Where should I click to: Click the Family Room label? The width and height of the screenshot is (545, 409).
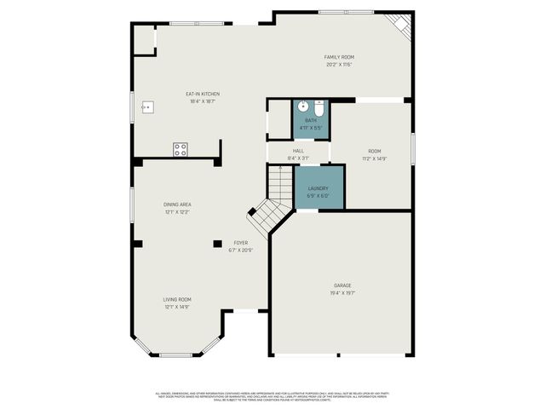click(x=338, y=57)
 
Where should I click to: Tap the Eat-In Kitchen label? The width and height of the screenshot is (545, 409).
click(x=203, y=94)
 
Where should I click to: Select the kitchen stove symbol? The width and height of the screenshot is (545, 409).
click(x=181, y=149)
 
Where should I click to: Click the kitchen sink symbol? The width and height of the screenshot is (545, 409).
click(x=147, y=107)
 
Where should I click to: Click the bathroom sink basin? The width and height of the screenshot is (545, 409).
click(x=302, y=107)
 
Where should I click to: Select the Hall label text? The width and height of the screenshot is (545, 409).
click(x=298, y=151)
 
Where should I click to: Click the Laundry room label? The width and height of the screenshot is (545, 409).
click(x=318, y=188)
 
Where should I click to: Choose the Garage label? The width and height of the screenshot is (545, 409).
click(x=342, y=285)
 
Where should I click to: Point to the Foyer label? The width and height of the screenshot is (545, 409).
click(x=242, y=243)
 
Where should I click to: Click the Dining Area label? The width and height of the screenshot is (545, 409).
click(x=177, y=204)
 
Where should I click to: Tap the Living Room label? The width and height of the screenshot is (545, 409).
click(x=177, y=299)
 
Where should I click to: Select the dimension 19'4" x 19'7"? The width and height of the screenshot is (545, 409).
click(x=342, y=293)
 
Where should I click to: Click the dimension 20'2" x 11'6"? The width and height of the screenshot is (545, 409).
click(x=338, y=64)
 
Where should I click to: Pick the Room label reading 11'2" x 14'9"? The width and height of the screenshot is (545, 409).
click(x=375, y=154)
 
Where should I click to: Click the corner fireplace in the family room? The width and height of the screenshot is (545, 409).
click(x=401, y=24)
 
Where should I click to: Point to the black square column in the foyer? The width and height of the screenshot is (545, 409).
click(x=218, y=244)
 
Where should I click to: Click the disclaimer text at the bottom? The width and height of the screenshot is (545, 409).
click(x=272, y=396)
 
